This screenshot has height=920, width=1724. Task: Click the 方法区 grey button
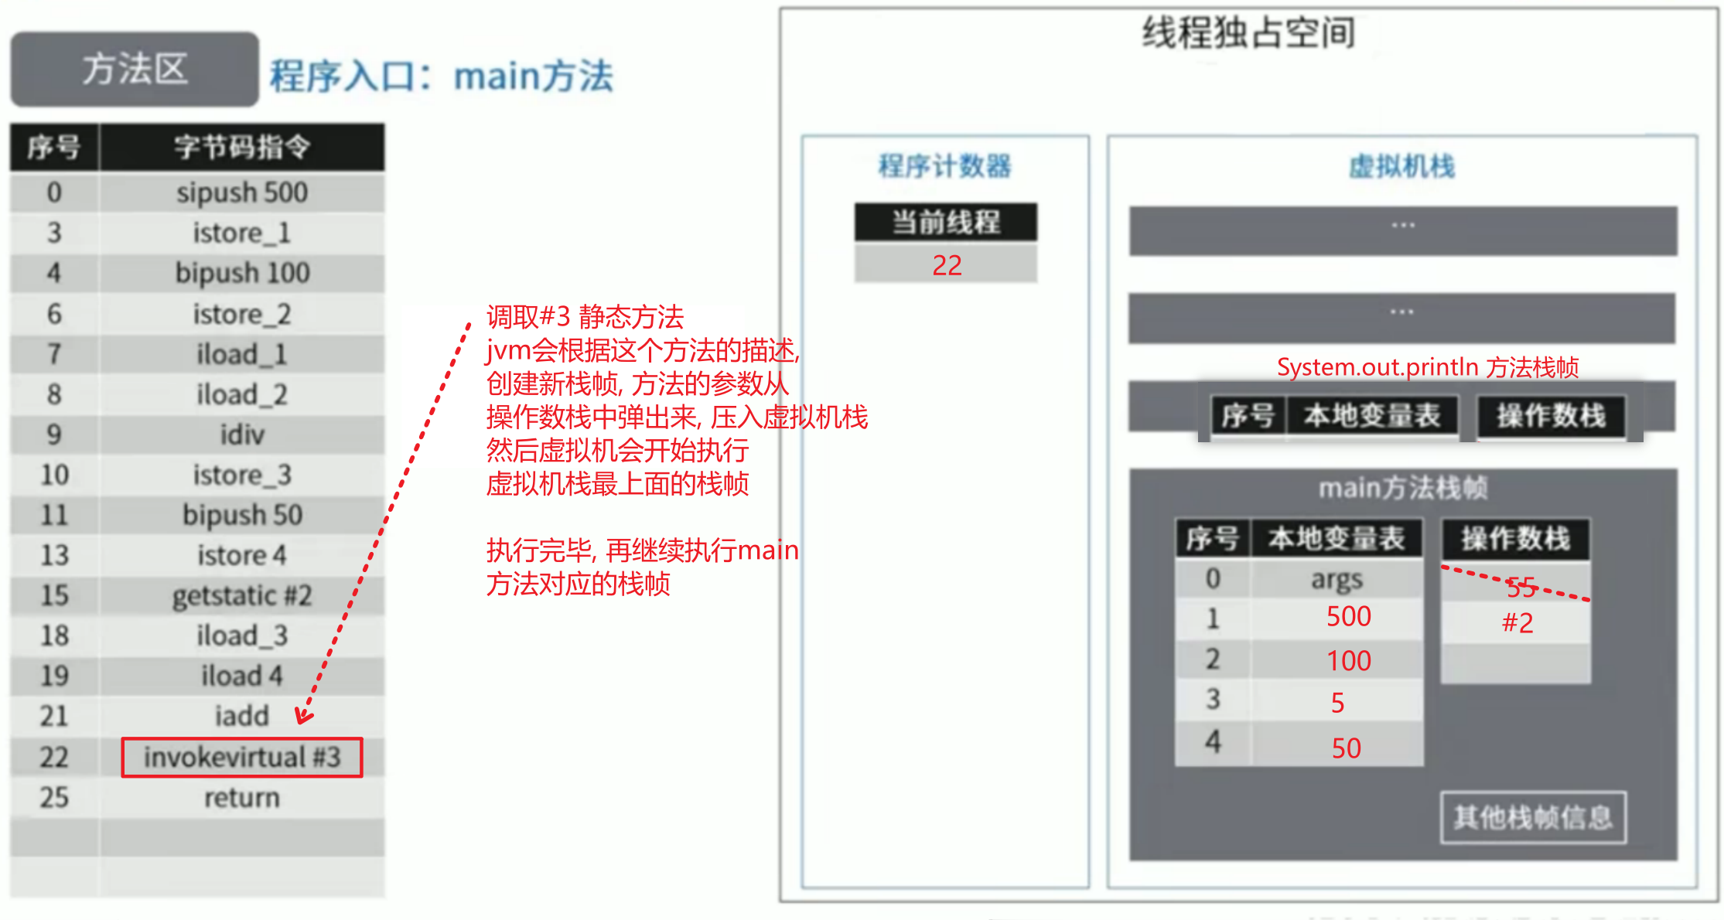coord(135,70)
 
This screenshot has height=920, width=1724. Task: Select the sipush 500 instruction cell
coord(242,193)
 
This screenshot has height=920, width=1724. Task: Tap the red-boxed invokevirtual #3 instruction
coord(242,758)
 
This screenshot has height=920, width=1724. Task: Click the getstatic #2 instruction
coord(242,596)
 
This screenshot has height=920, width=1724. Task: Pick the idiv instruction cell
coord(242,435)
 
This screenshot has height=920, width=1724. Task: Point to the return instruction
coord(242,798)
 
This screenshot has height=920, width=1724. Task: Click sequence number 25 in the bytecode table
coord(54,798)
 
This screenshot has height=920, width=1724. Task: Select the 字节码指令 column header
coord(242,147)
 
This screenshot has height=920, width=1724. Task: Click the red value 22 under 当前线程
coord(947,266)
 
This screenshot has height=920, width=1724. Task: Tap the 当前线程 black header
coord(946,223)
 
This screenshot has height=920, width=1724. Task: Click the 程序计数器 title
coord(945,166)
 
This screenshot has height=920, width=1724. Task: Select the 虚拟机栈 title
coord(1401,166)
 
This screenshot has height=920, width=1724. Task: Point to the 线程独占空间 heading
coord(1248,33)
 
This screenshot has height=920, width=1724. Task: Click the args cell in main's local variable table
coord(1337,579)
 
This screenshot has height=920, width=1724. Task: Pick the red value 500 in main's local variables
coord(1349,617)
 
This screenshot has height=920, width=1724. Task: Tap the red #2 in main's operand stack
coord(1517,623)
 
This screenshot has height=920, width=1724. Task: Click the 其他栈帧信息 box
coord(1533,817)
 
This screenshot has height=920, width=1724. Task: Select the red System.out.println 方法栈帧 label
coord(1428,367)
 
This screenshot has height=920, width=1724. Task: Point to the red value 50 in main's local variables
coord(1347,748)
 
